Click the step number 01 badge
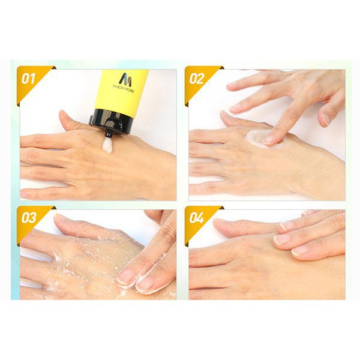(x=28, y=79)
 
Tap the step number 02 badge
(x=197, y=79)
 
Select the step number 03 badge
(x=29, y=217)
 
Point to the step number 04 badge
(x=197, y=217)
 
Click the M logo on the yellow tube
(x=125, y=79)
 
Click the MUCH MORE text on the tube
(x=124, y=88)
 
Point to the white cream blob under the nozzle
(x=107, y=146)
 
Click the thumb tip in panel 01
(x=62, y=114)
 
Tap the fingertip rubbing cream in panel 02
(x=269, y=139)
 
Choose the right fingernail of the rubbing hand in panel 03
(x=145, y=284)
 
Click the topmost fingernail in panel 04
(x=284, y=227)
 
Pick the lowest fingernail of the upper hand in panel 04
(x=299, y=251)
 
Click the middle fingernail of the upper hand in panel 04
(x=281, y=239)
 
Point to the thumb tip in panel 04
(x=218, y=223)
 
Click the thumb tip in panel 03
(x=59, y=217)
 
